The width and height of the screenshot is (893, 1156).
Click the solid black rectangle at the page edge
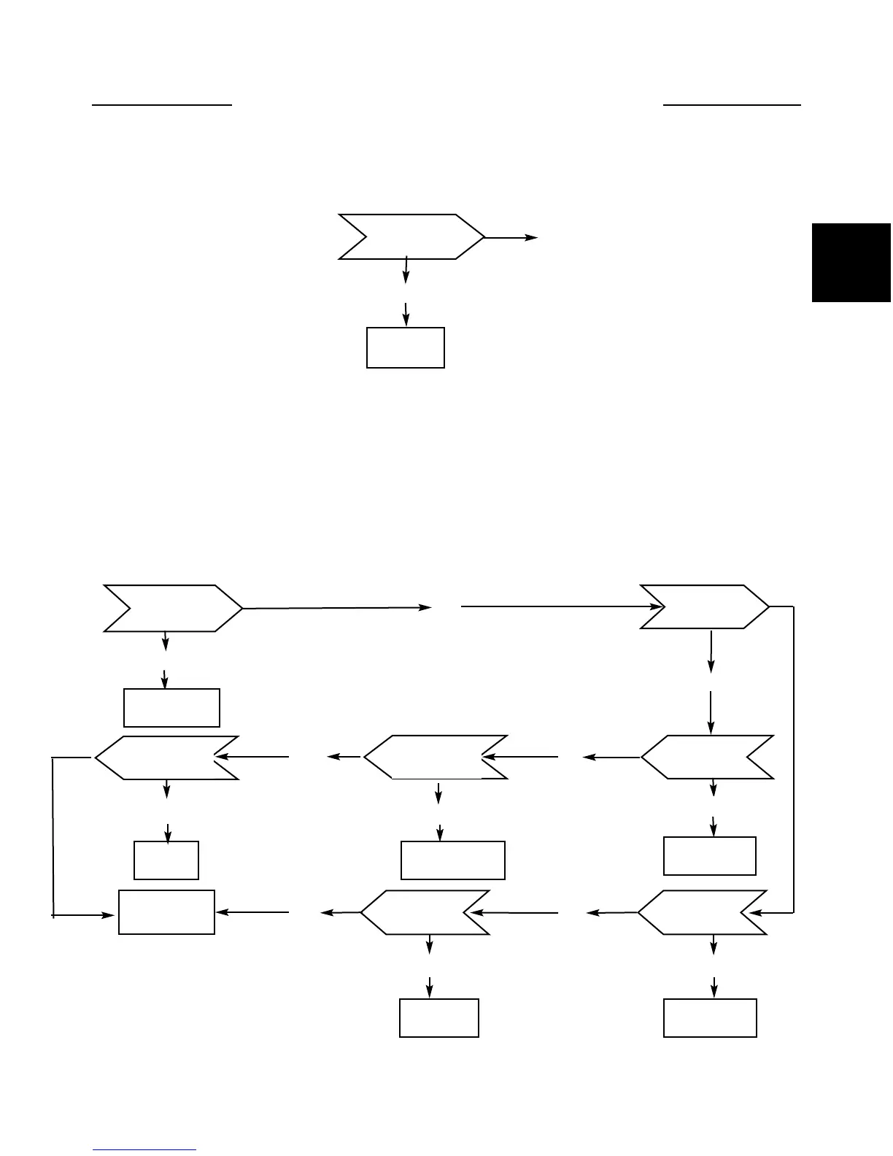pyautogui.click(x=851, y=262)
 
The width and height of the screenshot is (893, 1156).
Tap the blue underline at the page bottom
pyautogui.click(x=145, y=1150)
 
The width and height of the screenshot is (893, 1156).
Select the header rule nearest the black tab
pyautogui.click(x=732, y=105)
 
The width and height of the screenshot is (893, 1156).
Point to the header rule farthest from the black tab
pyautogui.click(x=161, y=105)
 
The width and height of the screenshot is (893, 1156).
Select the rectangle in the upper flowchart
pyautogui.click(x=406, y=347)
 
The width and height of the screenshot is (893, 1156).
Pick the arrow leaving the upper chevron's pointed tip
pyautogui.click(x=511, y=238)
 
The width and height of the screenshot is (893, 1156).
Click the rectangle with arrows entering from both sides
pyautogui.click(x=166, y=912)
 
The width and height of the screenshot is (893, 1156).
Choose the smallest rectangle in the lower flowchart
pyautogui.click(x=166, y=860)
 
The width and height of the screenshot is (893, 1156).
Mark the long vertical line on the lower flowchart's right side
pyautogui.click(x=793, y=759)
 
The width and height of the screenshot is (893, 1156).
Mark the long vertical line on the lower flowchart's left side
pyautogui.click(x=53, y=836)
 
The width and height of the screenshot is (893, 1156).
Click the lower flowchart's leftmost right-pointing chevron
pyautogui.click(x=172, y=608)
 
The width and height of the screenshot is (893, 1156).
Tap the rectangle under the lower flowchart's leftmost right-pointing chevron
pyautogui.click(x=172, y=707)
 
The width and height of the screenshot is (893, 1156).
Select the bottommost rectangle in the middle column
pyautogui.click(x=439, y=1018)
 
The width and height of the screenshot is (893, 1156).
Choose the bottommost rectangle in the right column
pyautogui.click(x=710, y=1018)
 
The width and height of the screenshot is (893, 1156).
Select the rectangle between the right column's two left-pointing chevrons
pyautogui.click(x=710, y=856)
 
